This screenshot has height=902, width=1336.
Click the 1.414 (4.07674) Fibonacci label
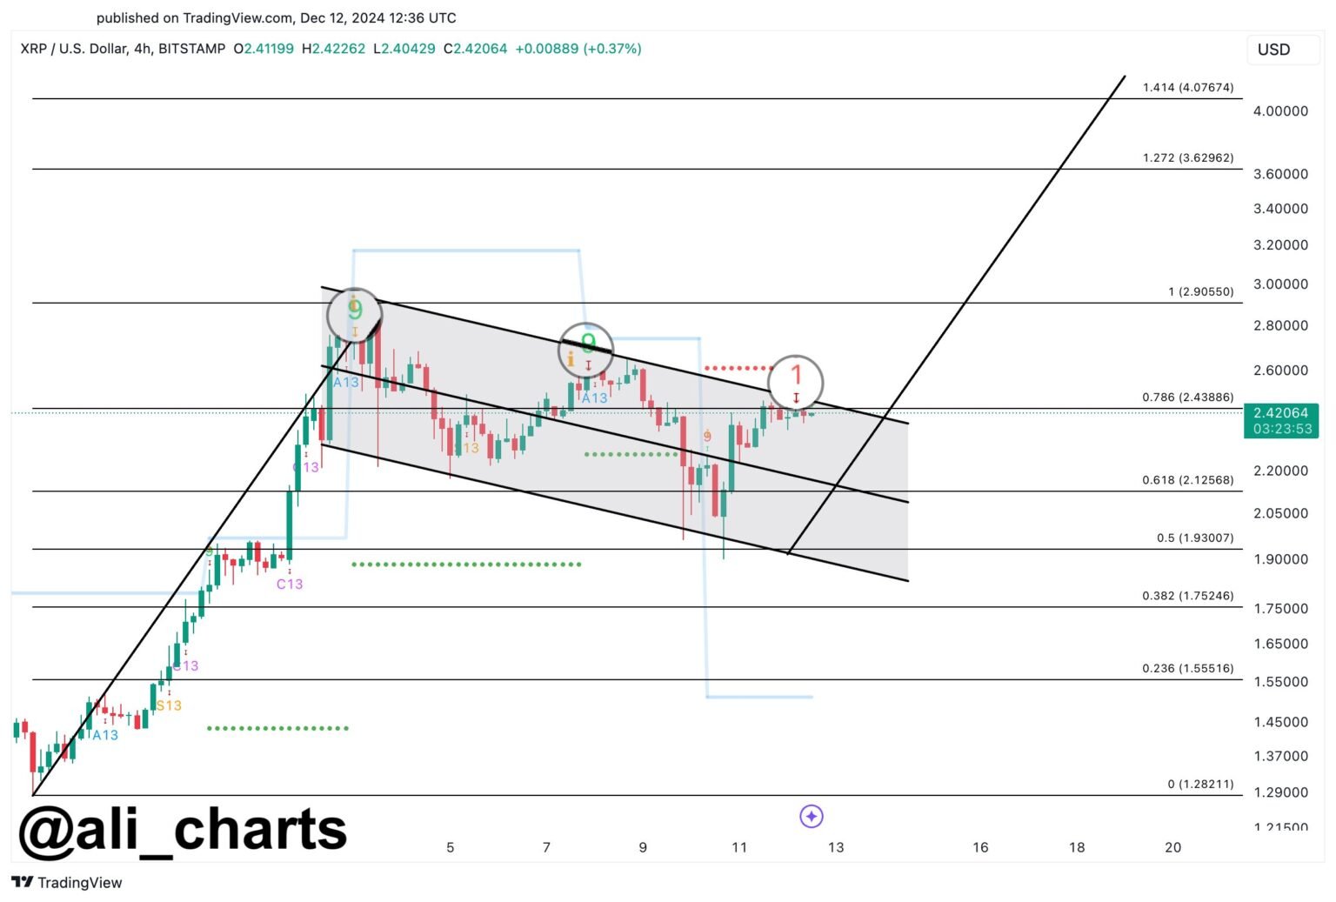[x=1187, y=87]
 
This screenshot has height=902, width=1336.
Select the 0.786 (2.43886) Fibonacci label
[x=1187, y=397]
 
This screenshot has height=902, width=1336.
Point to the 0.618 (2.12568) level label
[x=1187, y=479]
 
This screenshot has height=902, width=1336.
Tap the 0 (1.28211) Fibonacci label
[x=1200, y=784]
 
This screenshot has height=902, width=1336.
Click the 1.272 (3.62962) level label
[x=1187, y=157]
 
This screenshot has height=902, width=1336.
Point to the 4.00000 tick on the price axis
[x=1280, y=110]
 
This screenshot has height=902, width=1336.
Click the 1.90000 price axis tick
[x=1280, y=558]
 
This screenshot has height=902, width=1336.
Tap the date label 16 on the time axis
[x=980, y=847]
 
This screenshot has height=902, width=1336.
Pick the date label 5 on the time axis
[x=450, y=847]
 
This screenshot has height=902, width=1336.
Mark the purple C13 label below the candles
[x=290, y=584]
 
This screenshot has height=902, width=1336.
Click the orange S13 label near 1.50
[x=169, y=705]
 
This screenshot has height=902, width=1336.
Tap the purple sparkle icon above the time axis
[x=811, y=816]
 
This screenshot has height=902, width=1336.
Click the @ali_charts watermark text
[x=183, y=829]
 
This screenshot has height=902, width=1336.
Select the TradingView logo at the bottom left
[x=67, y=882]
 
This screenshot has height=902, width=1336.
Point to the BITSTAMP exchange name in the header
[x=192, y=49]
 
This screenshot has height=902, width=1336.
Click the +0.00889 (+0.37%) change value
[x=578, y=49]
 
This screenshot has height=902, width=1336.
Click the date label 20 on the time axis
[x=1172, y=847]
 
